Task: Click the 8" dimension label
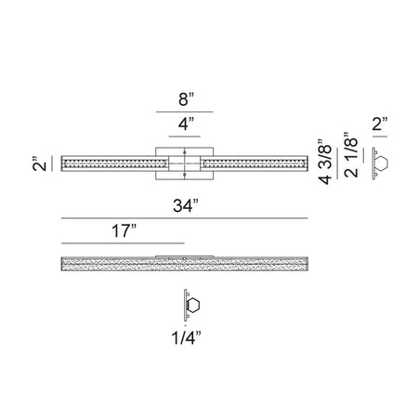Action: [x=186, y=99]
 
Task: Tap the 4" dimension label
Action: [x=186, y=124]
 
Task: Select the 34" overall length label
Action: [x=186, y=205]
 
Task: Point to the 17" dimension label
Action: [x=124, y=230]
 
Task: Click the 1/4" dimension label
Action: [x=187, y=337]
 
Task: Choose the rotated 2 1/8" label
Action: [x=351, y=155]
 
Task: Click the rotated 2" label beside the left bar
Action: [x=39, y=163]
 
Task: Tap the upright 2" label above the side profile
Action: [x=380, y=124]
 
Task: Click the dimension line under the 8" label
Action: [x=185, y=111]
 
